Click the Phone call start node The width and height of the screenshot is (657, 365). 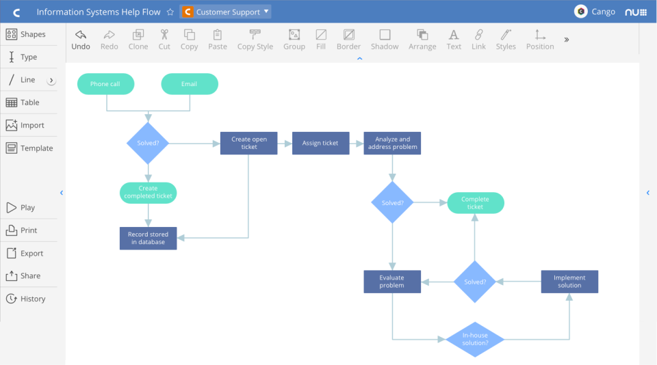point(105,84)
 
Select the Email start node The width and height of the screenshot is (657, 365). point(190,84)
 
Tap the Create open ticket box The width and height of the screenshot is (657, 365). point(248,143)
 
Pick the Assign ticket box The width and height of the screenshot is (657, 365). point(320,143)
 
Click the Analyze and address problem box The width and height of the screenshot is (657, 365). point(392,143)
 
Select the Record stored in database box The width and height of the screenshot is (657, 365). point(148,238)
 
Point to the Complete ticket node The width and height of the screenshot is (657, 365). point(476,203)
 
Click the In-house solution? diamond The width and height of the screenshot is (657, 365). point(475,339)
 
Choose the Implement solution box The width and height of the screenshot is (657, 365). point(569,282)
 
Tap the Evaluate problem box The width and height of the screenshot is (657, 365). point(391,282)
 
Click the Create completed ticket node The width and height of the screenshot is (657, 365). point(148,192)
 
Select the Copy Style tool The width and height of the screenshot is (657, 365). point(255,40)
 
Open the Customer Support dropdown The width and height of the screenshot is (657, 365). point(226,12)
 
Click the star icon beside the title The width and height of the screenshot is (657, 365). point(170,12)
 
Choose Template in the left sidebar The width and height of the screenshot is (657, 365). point(29,148)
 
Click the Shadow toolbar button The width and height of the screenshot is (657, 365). point(385,40)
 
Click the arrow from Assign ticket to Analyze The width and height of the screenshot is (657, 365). point(357,143)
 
